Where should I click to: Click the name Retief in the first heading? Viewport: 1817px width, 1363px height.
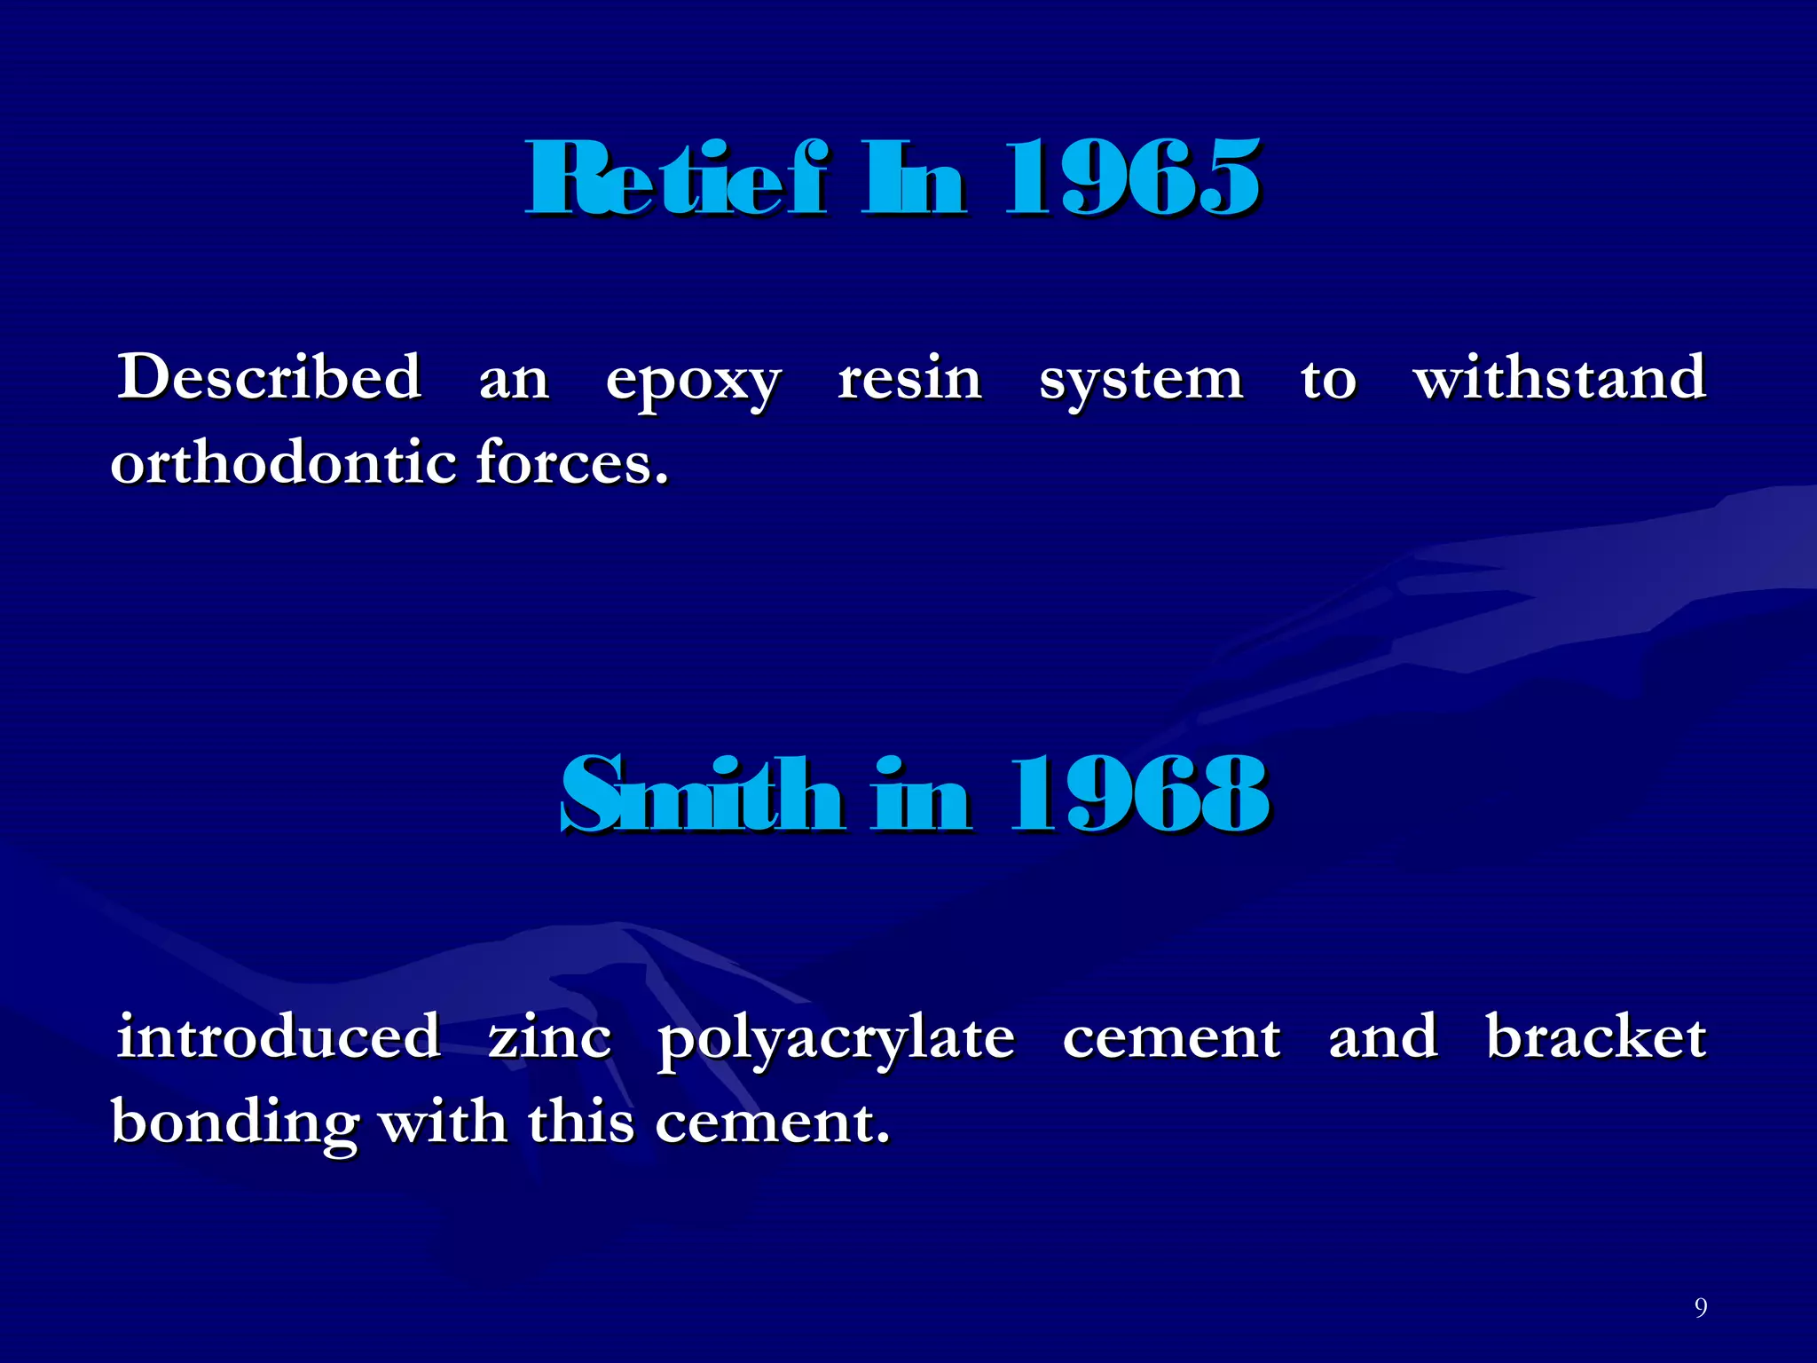click(x=676, y=179)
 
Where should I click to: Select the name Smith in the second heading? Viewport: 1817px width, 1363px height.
click(x=701, y=795)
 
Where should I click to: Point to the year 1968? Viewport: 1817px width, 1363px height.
click(x=1139, y=795)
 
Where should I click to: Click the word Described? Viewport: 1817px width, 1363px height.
click(x=270, y=377)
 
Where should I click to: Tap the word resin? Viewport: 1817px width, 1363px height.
click(x=910, y=379)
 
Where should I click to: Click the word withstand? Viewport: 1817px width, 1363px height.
click(x=1560, y=377)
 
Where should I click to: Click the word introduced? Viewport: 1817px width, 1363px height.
click(x=279, y=1036)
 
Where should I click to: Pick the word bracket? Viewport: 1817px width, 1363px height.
click(x=1595, y=1036)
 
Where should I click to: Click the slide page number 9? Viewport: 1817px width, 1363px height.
click(x=1700, y=1307)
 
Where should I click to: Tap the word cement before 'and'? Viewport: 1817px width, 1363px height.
click(x=1171, y=1038)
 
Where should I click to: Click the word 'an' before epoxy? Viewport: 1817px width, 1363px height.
click(x=514, y=382)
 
